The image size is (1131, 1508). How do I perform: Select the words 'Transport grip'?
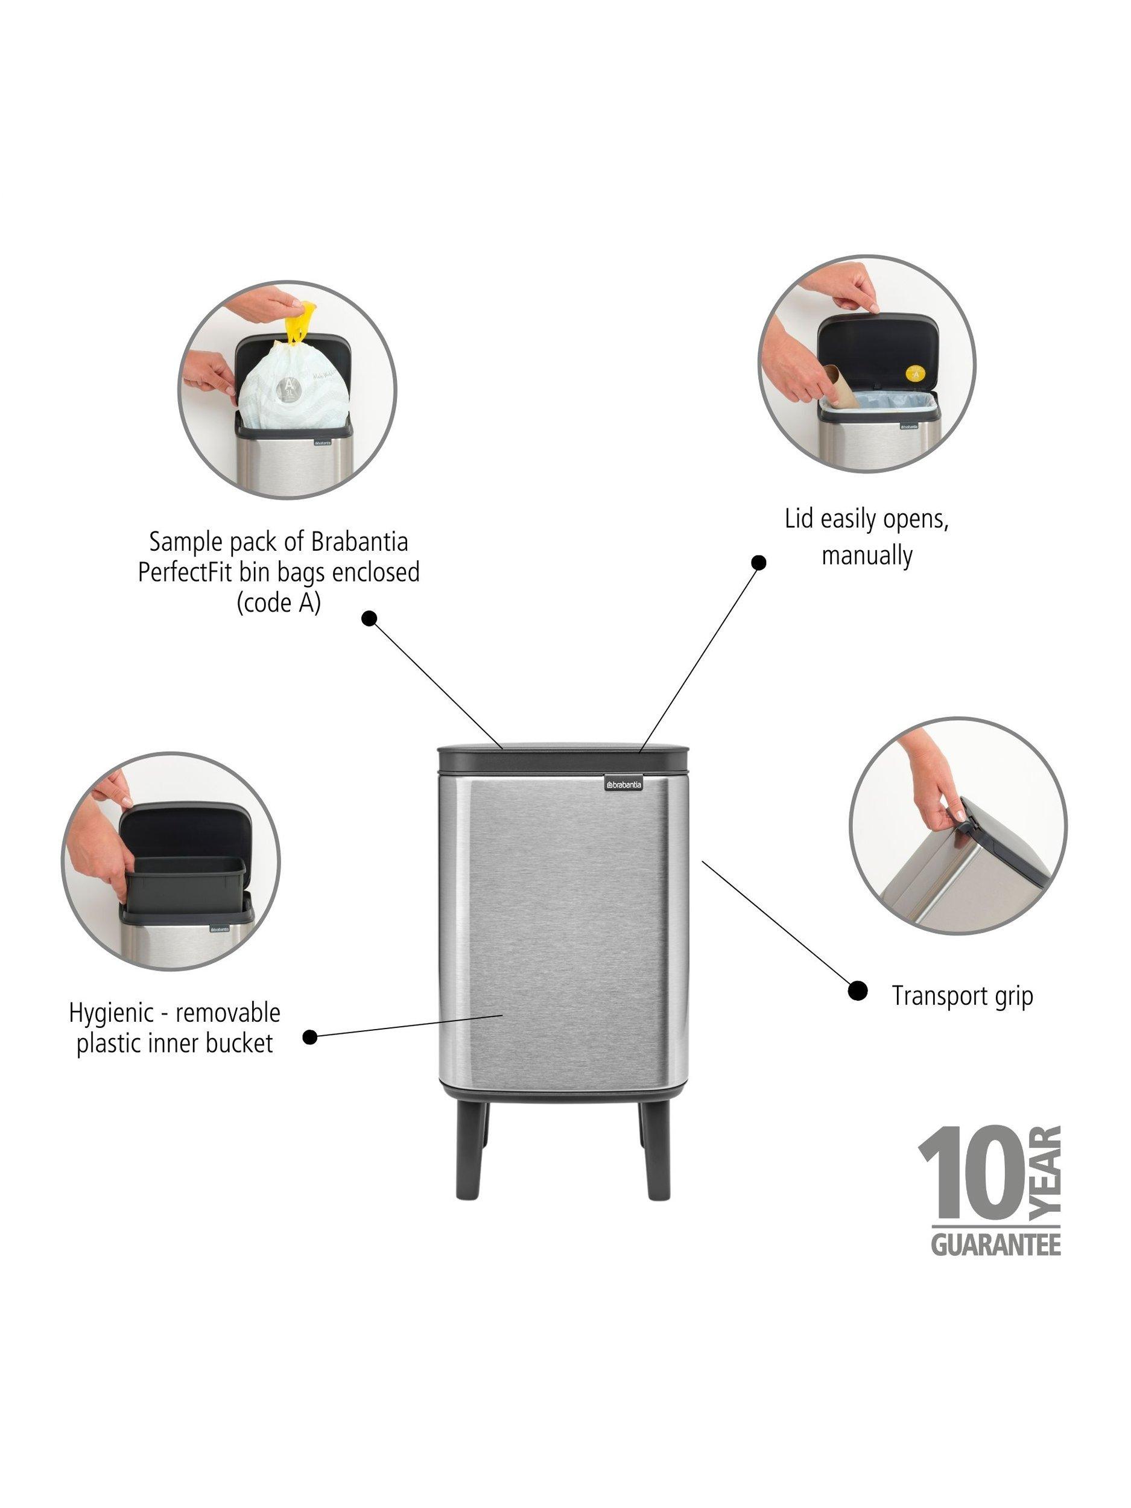pos(963,996)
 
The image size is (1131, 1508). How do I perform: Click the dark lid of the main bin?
pos(565,758)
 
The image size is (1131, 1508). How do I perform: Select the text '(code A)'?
pos(278,604)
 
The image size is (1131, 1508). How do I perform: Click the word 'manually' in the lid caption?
pos(866,556)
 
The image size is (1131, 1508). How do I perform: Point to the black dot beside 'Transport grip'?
pos(857,990)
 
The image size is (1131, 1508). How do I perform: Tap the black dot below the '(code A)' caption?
pos(369,618)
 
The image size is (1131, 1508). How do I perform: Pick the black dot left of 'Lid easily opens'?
pos(758,562)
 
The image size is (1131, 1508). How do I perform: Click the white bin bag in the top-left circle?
pos(290,392)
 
